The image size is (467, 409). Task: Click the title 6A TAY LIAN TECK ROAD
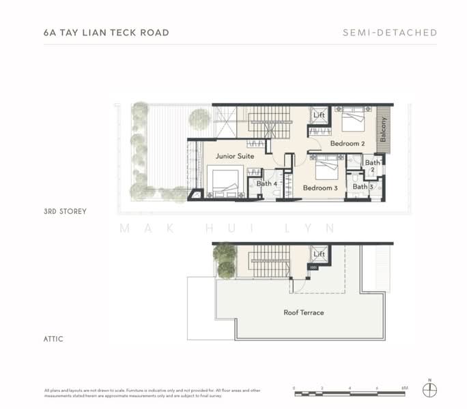[106, 32]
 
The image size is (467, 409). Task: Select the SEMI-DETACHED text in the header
[391, 33]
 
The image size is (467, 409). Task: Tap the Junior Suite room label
[235, 156]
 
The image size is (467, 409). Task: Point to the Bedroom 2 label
[348, 144]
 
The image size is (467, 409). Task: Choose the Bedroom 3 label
[320, 188]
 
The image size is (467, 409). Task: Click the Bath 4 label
[266, 183]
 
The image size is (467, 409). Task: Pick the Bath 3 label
[363, 187]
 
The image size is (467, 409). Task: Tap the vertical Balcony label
[383, 127]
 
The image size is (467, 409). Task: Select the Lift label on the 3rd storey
[319, 115]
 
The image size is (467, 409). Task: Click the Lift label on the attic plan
[319, 254]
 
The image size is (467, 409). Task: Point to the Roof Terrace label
[304, 313]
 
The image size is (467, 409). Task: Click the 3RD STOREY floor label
[65, 211]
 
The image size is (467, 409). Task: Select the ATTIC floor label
[53, 339]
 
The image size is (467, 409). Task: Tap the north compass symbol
[429, 390]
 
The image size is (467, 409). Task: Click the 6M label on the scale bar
[404, 388]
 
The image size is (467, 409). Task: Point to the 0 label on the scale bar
[294, 388]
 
